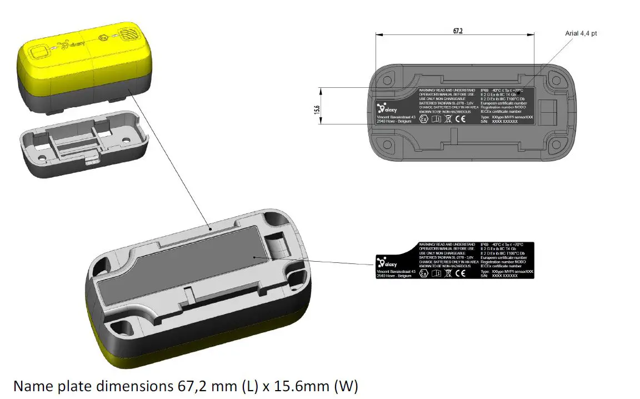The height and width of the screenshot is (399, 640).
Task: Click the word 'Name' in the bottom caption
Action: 32,385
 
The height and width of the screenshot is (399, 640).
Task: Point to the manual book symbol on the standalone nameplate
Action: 436,273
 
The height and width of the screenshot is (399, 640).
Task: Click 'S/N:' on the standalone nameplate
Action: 484,276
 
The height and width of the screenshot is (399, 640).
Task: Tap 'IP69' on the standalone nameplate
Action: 485,245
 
